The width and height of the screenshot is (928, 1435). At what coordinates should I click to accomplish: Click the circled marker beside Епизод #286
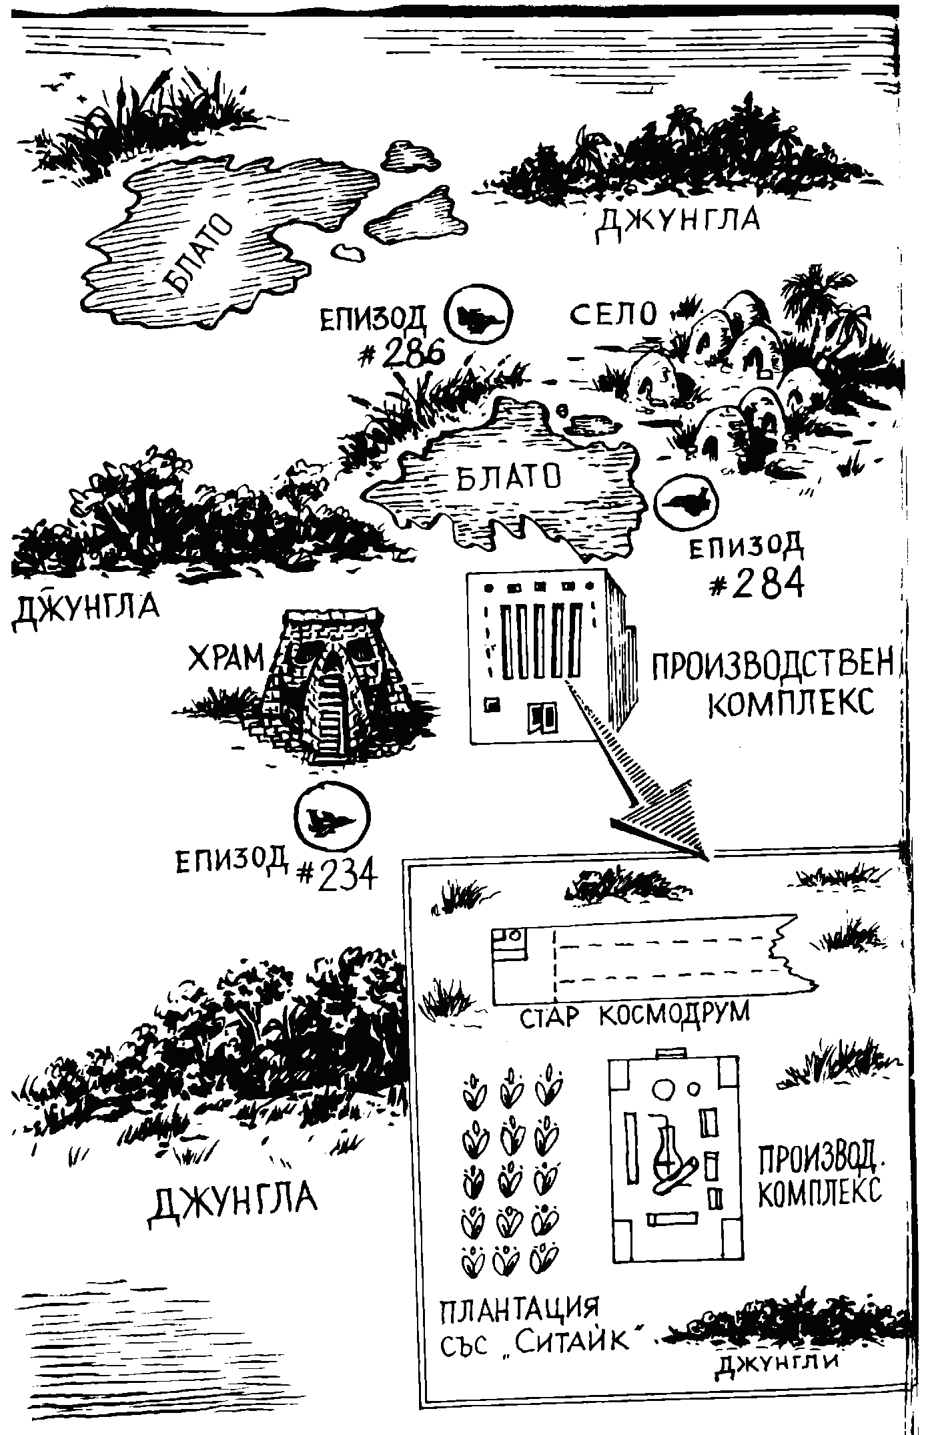click(x=477, y=315)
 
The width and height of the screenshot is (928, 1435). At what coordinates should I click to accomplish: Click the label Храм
click(x=226, y=659)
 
